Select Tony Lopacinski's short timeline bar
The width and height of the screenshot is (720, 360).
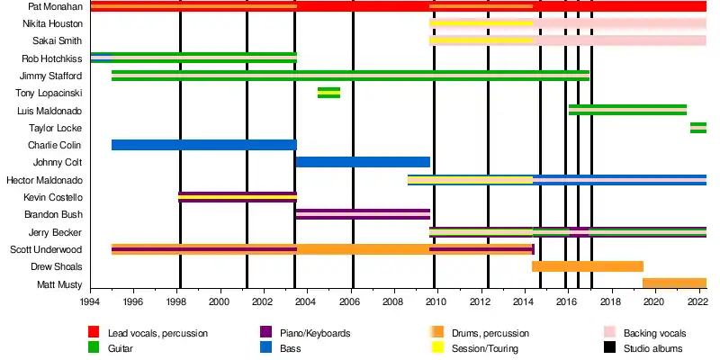[328, 93]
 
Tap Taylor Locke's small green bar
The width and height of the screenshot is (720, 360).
[697, 128]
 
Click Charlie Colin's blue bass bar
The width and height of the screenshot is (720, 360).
[203, 145]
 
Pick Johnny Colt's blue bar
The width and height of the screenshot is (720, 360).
[363, 162]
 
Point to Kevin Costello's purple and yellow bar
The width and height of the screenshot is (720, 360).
[238, 197]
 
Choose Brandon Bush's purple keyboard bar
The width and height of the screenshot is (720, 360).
[363, 214]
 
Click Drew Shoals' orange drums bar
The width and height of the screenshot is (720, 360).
[588, 266]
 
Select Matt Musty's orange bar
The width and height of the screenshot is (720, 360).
[674, 283]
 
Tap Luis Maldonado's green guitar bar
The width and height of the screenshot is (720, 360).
[627, 110]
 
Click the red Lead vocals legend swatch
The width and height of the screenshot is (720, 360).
[93, 333]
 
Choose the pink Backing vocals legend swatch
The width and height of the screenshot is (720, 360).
[608, 333]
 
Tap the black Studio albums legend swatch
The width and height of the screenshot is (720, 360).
[608, 348]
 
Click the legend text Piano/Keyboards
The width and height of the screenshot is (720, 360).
[312, 333]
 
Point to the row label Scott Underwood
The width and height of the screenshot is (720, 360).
[47, 249]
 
